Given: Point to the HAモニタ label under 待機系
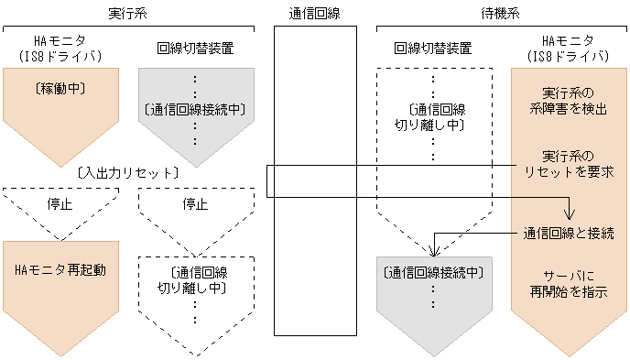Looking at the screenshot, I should (569, 41).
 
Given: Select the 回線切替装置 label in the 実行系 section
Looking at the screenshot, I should (193, 49).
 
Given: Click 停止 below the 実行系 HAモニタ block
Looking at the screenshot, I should (59, 203).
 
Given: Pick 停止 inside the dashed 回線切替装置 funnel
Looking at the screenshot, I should (193, 203).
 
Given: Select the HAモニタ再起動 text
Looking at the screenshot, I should (60, 269).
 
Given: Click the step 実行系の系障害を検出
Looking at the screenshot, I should (568, 101).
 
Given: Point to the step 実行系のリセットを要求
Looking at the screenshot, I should (568, 163).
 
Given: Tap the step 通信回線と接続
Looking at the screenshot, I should (568, 232).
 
